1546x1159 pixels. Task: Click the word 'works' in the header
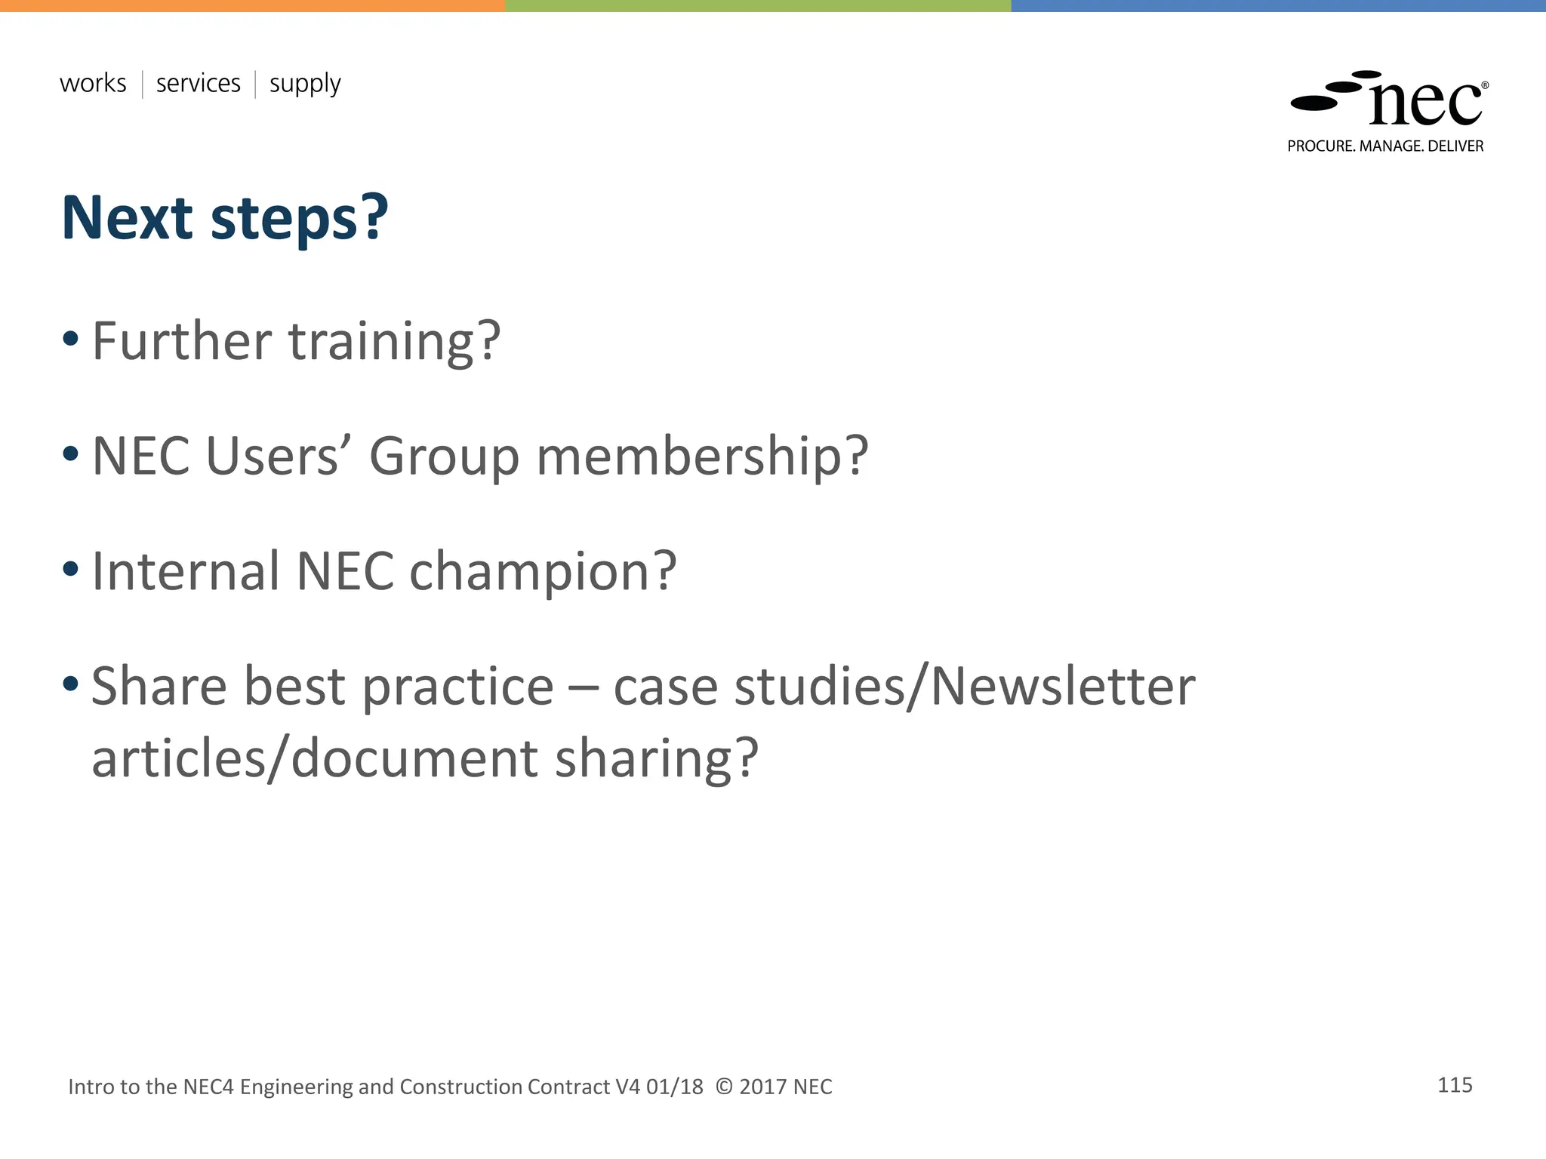click(93, 83)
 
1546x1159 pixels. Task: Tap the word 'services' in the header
click(198, 83)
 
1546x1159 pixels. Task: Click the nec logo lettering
click(1424, 104)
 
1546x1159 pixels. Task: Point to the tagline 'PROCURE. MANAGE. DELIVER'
click(1385, 146)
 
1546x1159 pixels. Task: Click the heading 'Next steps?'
click(224, 218)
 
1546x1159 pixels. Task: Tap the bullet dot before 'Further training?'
click(70, 339)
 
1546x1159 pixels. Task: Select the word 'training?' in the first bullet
click(394, 342)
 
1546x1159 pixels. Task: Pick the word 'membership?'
click(702, 458)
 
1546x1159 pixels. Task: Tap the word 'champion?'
click(543, 572)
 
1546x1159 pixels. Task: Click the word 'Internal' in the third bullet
click(186, 571)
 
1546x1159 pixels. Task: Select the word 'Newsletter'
click(1062, 687)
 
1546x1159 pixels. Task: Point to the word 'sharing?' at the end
click(656, 758)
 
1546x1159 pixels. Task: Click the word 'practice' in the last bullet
click(458, 688)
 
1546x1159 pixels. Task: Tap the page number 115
click(1455, 1085)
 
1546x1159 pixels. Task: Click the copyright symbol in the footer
click(724, 1087)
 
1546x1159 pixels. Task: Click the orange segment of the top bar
click(252, 5)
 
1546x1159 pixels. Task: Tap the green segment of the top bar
click(758, 5)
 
